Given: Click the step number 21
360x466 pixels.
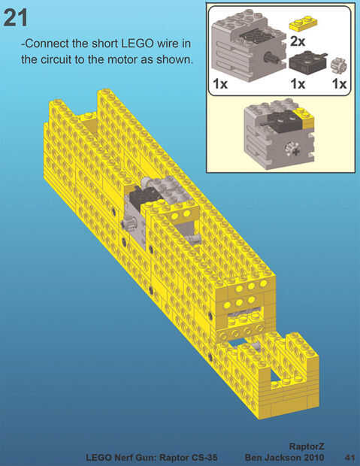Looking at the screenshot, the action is click(15, 17).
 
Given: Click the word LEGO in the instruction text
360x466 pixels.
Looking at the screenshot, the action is click(138, 44).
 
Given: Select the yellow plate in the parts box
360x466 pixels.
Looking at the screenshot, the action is click(303, 23).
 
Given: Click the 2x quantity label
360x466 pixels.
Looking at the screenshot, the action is click(298, 41).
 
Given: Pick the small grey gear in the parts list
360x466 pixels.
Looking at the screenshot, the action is click(339, 65).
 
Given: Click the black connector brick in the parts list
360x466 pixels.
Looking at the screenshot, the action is click(307, 62).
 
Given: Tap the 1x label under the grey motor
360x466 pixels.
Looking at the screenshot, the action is click(220, 84).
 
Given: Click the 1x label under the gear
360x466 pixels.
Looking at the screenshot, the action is click(340, 84).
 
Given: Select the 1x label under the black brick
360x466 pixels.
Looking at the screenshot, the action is click(298, 84).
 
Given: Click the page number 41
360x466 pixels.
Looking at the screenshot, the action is click(349, 457).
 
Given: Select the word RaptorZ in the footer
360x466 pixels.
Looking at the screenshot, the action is click(307, 446).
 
